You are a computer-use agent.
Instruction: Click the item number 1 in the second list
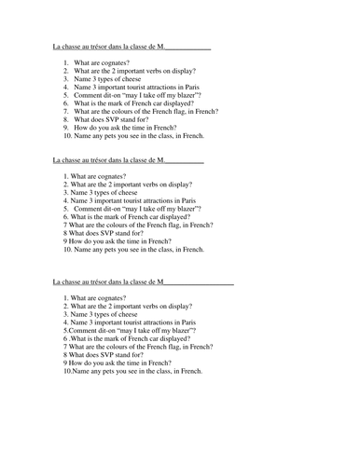pyautogui.click(x=65, y=174)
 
